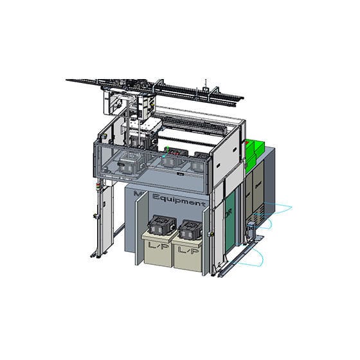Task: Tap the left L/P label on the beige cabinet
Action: pyautogui.click(x=154, y=246)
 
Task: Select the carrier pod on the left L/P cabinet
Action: pyautogui.click(x=161, y=227)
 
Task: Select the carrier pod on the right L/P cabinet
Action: pyautogui.click(x=192, y=230)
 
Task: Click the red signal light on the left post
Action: pyautogui.click(x=98, y=186)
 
